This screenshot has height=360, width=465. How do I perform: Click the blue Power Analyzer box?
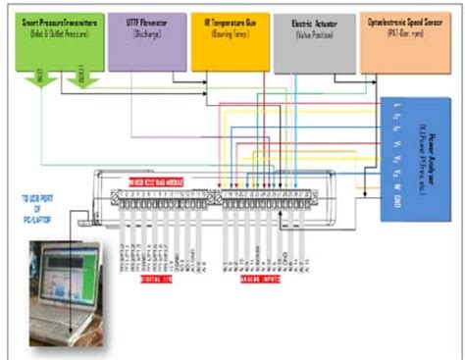pyautogui.click(x=418, y=157)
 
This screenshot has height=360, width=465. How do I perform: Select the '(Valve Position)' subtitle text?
pyautogui.click(x=312, y=31)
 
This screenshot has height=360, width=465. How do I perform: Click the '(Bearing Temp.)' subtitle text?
pyautogui.click(x=228, y=31)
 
